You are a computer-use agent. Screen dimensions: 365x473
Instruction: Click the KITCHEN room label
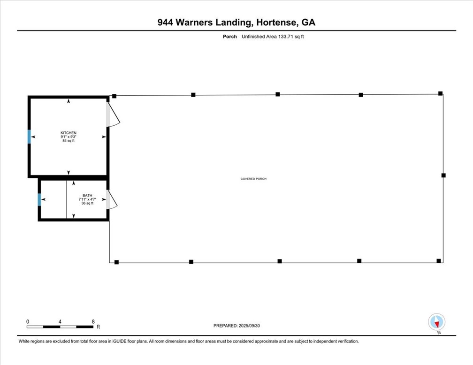[x=69, y=133]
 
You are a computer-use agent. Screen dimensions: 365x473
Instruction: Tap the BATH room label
[x=87, y=195]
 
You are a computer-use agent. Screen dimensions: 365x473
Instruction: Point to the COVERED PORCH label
[x=253, y=179]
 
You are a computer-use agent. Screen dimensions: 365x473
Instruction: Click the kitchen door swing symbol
[x=113, y=115]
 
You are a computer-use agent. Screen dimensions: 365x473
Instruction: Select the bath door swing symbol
[x=111, y=200]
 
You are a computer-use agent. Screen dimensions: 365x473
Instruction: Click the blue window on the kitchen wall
[x=29, y=137]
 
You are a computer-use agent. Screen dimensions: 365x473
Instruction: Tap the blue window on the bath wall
[x=39, y=199]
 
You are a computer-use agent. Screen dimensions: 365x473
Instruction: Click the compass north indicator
[x=437, y=322]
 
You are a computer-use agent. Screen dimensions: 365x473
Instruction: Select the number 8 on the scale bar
[x=93, y=321]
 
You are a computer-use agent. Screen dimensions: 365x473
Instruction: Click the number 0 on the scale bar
[x=28, y=321]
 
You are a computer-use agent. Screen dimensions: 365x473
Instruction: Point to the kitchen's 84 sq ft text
[x=69, y=141]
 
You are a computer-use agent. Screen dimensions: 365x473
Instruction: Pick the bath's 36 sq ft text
[x=87, y=203]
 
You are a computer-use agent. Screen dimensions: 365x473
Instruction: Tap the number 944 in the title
[x=165, y=23]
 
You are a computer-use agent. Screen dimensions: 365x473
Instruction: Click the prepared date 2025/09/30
[x=256, y=325]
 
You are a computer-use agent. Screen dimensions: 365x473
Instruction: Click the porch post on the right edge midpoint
[x=443, y=175]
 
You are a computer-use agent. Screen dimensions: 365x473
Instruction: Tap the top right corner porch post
[x=440, y=93]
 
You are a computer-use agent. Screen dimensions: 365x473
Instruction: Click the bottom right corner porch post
[x=439, y=260]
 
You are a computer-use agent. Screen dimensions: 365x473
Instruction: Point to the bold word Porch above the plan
[x=230, y=37]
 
